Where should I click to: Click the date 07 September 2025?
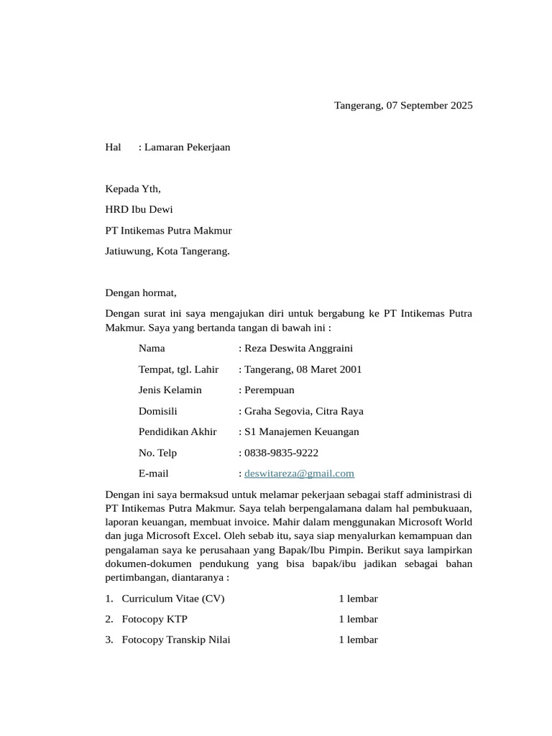pos(429,106)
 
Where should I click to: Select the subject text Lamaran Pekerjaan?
pos(187,147)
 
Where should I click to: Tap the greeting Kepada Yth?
pos(133,189)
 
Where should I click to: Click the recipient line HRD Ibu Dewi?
pos(139,210)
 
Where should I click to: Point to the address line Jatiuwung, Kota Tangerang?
pos(167,252)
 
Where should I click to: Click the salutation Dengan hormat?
pos(141,293)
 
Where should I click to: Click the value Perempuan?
pos(269,390)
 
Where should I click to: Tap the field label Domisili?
pos(157,411)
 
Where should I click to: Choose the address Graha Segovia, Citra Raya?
pos(303,411)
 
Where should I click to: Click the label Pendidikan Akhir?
pos(178,432)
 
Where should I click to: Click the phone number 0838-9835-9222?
pos(281,453)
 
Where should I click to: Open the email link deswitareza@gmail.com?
pos(299,474)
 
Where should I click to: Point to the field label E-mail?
pos(153,474)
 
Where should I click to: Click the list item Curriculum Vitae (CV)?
pos(173,599)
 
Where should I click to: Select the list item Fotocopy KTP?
pos(149,619)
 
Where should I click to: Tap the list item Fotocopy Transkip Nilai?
pos(176,640)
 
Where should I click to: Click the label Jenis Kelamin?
pos(170,390)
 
